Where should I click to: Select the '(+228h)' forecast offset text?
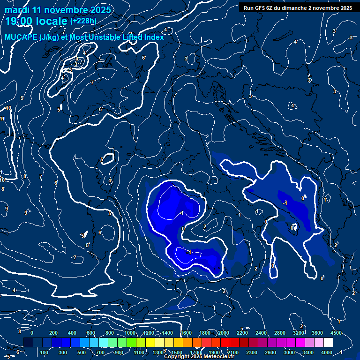click(83, 21)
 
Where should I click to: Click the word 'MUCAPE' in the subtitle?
click(20, 37)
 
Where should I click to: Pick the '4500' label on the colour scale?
click(335, 332)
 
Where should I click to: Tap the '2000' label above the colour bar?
click(224, 332)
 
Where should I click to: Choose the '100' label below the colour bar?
click(44, 352)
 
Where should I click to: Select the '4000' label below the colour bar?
click(327, 352)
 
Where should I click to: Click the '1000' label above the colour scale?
click(130, 332)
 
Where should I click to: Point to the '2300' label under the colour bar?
click(252, 352)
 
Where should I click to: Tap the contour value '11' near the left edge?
click(2, 119)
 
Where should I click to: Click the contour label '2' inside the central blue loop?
click(205, 226)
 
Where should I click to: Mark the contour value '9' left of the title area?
click(22, 98)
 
